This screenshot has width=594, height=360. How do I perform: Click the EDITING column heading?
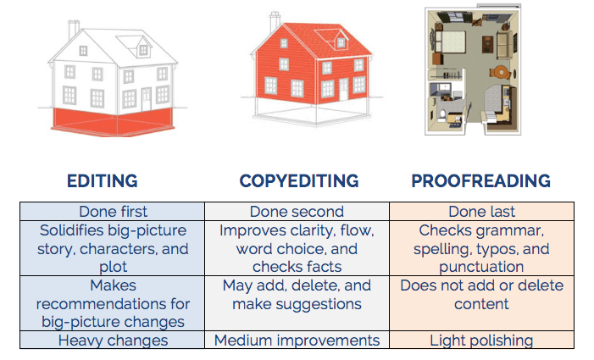click(103, 181)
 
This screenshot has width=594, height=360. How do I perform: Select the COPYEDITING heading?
click(299, 181)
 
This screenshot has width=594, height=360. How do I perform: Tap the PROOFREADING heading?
click(481, 181)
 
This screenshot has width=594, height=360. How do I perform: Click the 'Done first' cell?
click(113, 212)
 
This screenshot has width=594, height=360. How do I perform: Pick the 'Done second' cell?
click(297, 212)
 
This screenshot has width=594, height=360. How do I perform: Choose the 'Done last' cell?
click(482, 212)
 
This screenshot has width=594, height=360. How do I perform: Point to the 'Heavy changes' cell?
click(113, 341)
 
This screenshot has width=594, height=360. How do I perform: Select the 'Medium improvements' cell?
click(297, 341)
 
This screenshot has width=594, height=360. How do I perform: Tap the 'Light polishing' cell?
click(482, 341)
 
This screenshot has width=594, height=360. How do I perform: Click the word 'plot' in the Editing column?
click(113, 268)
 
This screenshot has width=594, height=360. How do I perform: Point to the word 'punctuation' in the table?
click(481, 268)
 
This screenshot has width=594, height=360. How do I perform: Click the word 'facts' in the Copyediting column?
click(323, 267)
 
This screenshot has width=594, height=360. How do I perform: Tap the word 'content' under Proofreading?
click(481, 304)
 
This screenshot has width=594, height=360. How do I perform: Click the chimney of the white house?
click(73, 30)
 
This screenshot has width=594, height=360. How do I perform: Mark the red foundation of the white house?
click(113, 121)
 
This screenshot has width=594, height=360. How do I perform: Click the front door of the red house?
click(343, 89)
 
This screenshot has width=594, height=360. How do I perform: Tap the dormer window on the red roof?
click(341, 42)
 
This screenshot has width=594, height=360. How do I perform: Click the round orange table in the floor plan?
click(501, 71)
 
